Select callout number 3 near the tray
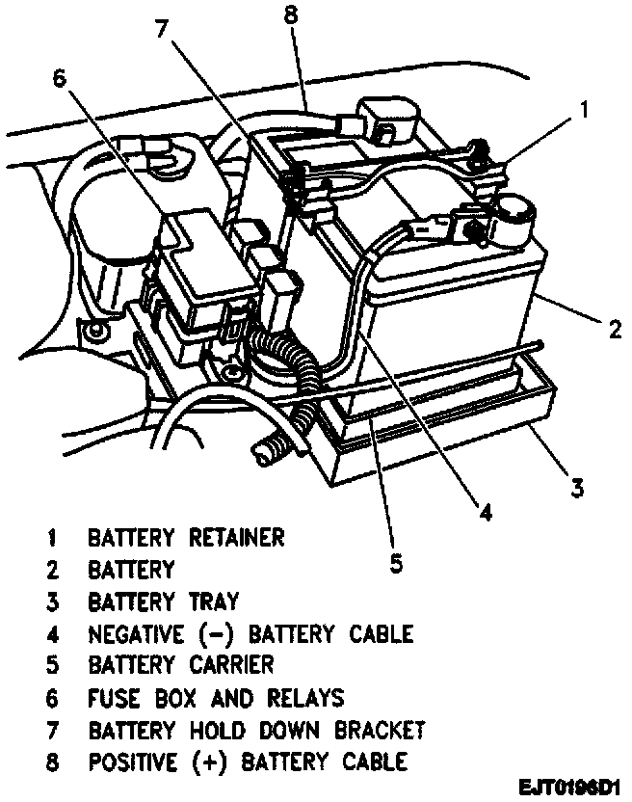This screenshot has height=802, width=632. [576, 488]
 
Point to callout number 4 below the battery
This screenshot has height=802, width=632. [487, 513]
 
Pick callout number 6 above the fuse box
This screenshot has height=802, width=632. [60, 80]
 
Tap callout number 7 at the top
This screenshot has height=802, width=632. [164, 28]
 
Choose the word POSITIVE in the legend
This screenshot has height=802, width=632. [139, 762]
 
